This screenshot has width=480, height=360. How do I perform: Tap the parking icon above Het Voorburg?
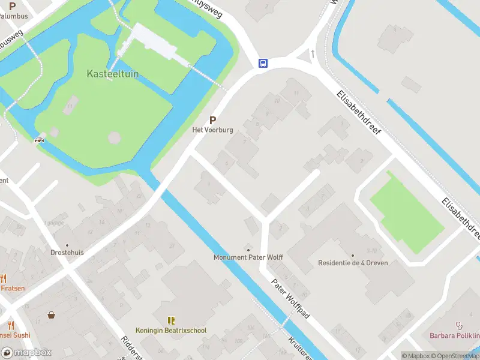point(212,120)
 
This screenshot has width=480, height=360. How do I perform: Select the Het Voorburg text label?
point(212,130)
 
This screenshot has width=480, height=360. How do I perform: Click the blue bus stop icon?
point(263,63)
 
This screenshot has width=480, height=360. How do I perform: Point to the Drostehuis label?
point(67,253)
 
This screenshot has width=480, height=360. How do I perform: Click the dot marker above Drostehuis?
point(67,245)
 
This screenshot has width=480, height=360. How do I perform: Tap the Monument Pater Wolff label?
point(248,257)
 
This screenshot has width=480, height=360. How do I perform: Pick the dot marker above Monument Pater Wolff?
point(248,250)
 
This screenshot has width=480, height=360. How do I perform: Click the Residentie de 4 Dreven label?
point(353,263)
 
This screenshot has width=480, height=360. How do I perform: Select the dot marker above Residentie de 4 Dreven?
point(353,255)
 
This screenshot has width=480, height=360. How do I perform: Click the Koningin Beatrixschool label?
point(171,331)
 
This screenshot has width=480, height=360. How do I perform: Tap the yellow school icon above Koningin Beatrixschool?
point(171,321)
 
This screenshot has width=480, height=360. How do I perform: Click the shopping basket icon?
point(52,314)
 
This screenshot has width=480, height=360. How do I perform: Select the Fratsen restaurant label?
point(13,288)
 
